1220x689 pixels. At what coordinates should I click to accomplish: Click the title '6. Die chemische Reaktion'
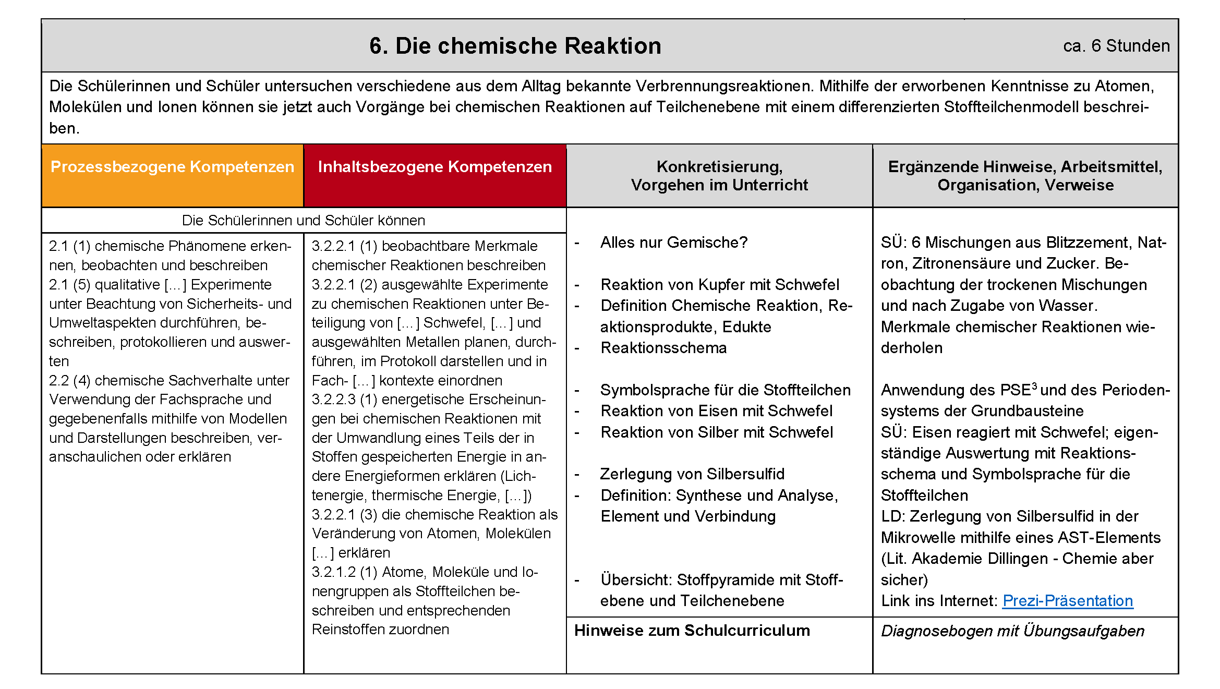click(515, 46)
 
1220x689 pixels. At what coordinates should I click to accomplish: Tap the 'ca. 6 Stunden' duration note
click(1116, 46)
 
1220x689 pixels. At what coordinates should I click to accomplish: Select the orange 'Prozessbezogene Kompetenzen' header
click(172, 167)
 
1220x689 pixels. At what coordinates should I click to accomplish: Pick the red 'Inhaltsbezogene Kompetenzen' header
click(434, 167)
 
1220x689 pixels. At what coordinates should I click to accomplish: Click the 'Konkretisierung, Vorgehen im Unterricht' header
click(719, 176)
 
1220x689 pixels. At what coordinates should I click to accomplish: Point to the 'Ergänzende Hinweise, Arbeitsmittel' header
click(1025, 176)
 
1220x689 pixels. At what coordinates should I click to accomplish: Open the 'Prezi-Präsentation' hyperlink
click(1067, 601)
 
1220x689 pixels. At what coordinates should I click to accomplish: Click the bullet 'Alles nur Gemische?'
click(673, 243)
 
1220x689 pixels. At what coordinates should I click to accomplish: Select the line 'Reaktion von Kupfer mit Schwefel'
click(720, 285)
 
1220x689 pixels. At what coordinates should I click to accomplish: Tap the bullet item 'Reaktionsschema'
click(663, 348)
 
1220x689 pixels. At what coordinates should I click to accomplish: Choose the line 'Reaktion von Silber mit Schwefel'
click(717, 432)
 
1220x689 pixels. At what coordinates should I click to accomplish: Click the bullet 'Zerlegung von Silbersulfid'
click(692, 474)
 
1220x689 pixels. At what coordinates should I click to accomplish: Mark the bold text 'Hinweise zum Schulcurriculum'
click(692, 631)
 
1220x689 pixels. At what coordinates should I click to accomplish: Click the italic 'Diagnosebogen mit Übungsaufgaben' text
click(1012, 631)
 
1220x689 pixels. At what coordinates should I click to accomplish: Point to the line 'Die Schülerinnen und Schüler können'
click(303, 221)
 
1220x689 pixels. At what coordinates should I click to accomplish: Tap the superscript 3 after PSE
click(1034, 385)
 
